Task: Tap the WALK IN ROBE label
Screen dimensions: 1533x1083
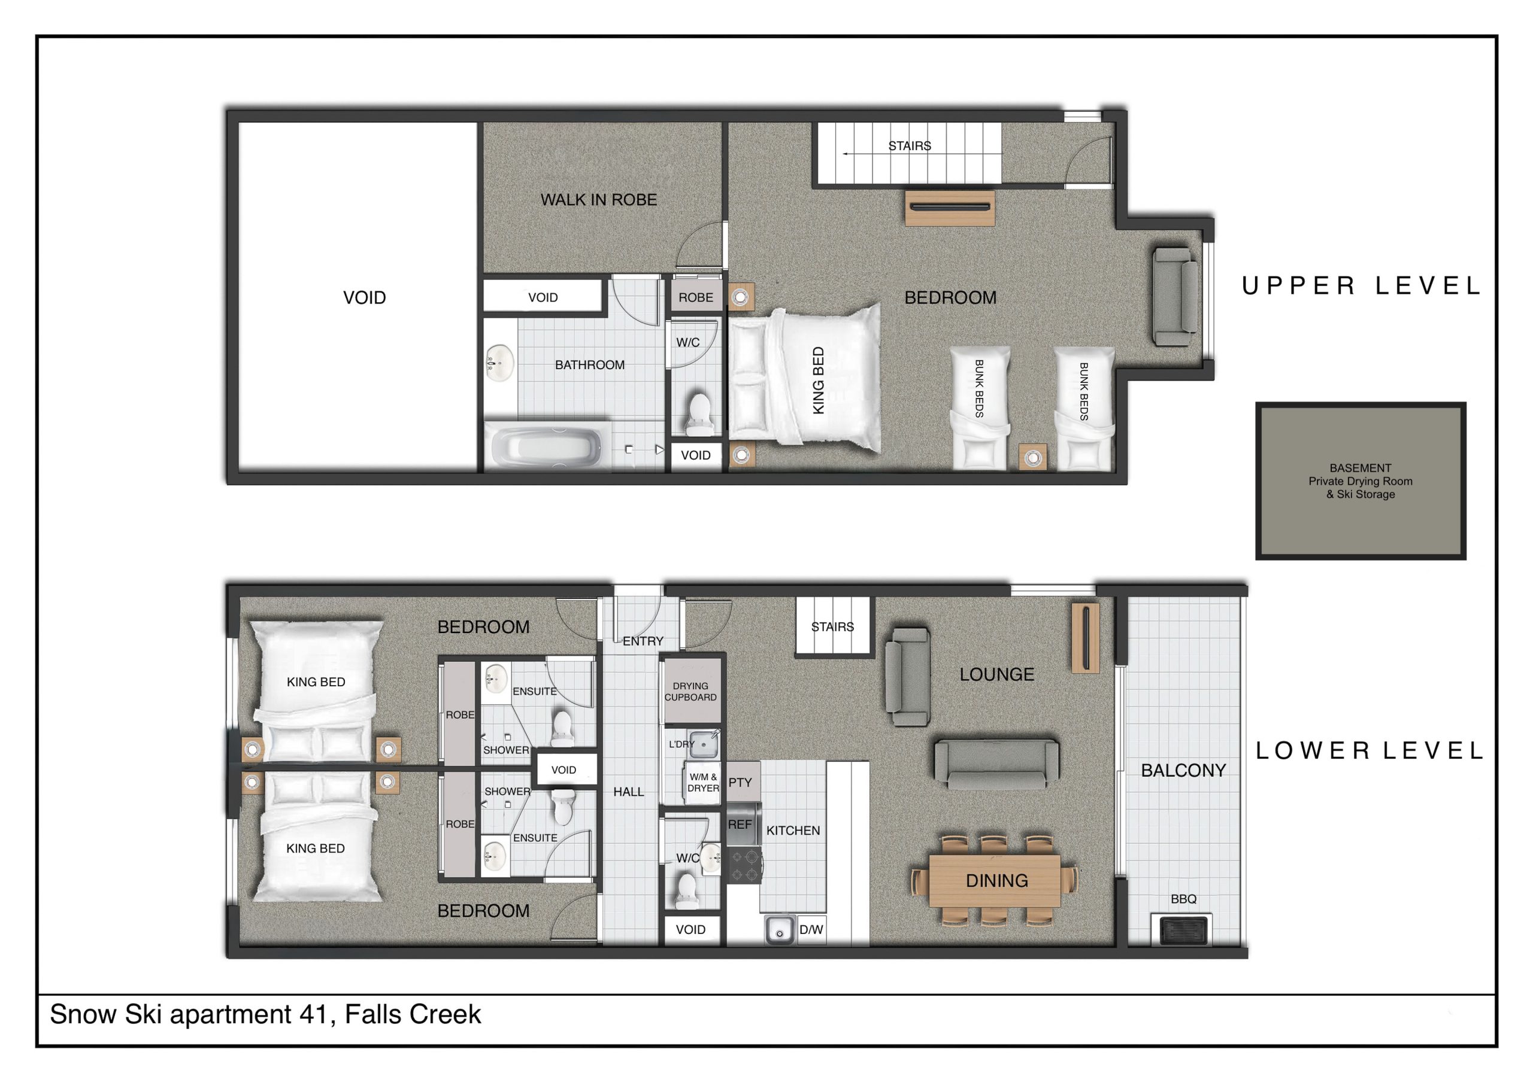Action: tap(598, 199)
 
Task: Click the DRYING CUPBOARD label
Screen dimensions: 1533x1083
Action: tap(690, 691)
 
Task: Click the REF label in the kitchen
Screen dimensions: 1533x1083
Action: tap(740, 824)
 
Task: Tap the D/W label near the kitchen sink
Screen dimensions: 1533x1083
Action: tap(811, 929)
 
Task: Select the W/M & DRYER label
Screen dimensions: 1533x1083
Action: tap(703, 782)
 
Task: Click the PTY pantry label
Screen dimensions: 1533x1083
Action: tap(740, 782)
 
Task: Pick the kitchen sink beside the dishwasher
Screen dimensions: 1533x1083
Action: tap(779, 929)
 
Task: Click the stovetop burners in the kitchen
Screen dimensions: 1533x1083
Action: tap(744, 864)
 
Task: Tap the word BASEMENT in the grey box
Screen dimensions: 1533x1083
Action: tap(1360, 468)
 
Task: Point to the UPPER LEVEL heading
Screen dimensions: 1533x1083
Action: tap(1360, 285)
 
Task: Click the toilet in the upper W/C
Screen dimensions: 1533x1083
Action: tap(698, 415)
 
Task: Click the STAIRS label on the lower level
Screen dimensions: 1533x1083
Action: tap(832, 626)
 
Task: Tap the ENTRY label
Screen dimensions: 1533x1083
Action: tap(643, 641)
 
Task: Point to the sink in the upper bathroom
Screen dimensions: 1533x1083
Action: tap(499, 364)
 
